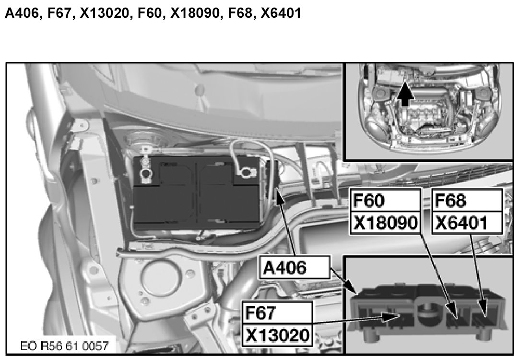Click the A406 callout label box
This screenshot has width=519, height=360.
(295, 267)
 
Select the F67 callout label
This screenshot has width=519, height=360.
(277, 312)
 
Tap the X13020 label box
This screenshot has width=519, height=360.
(277, 335)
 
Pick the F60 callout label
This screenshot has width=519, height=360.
(385, 200)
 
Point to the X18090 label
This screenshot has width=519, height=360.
(385, 223)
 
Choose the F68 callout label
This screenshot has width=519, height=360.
(467, 200)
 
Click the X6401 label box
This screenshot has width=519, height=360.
(467, 223)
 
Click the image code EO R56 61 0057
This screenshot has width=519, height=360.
(65, 346)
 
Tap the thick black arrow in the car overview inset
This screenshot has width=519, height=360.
(405, 94)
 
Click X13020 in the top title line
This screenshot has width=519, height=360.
(104, 13)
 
